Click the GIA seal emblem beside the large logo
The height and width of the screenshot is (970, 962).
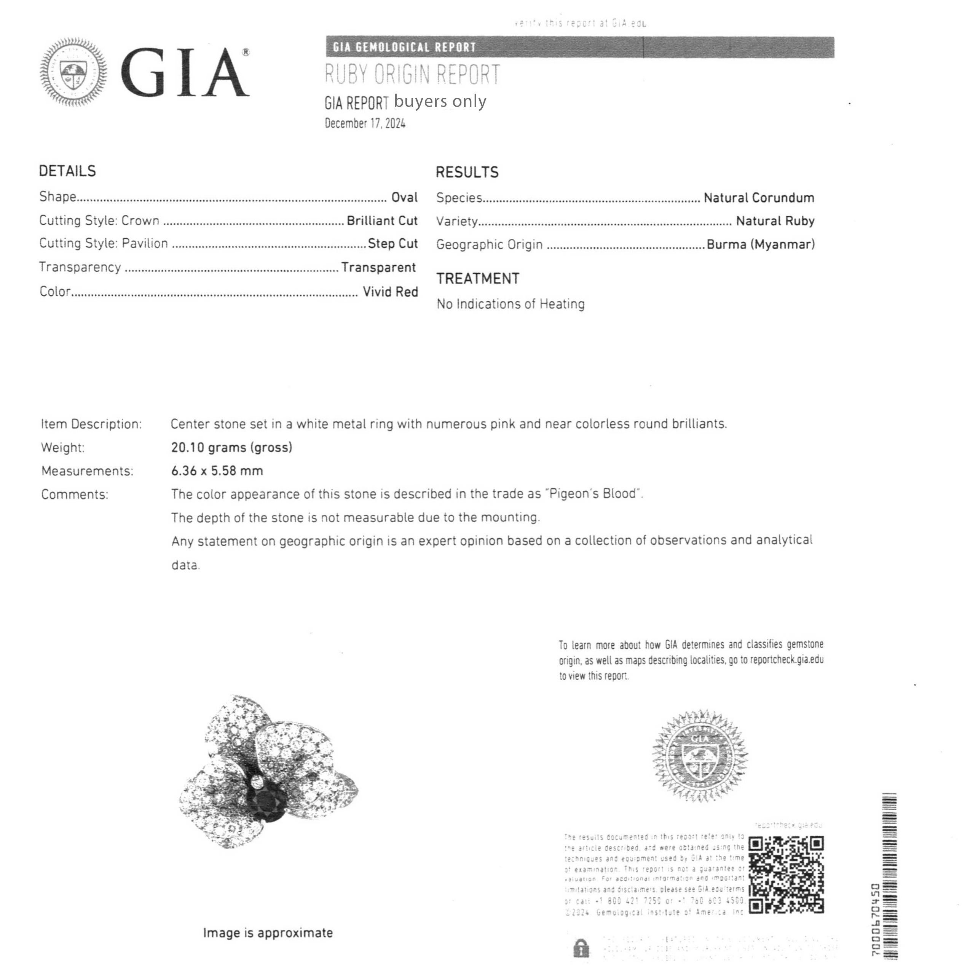73,72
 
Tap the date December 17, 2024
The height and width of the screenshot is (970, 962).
365,123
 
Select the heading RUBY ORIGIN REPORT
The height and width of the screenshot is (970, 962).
412,74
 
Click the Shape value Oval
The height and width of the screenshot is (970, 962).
404,197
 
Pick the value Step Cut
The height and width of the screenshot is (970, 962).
392,244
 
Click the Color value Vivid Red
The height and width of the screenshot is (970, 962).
390,292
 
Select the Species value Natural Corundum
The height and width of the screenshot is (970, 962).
759,198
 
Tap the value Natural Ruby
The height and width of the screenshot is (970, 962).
775,221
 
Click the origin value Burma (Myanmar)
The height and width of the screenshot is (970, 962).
761,244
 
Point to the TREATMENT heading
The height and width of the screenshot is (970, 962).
477,279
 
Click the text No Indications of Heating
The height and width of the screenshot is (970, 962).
511,304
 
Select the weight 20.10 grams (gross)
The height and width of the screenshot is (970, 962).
231,447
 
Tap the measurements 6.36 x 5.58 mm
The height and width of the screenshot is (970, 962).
217,471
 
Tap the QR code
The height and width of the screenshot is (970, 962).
786,874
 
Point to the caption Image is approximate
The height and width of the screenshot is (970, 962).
268,933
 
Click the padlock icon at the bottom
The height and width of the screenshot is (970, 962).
581,948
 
